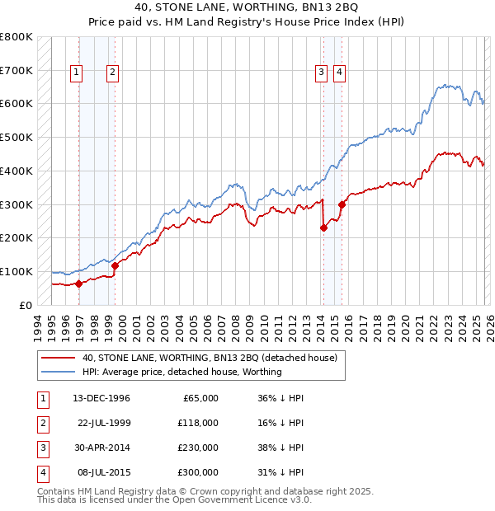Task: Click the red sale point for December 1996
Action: pos(79,284)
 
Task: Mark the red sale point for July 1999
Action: pos(115,265)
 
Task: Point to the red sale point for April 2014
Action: pos(323,228)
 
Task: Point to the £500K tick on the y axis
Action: pos(16,137)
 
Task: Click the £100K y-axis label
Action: pos(16,271)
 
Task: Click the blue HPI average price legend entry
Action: pos(181,372)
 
